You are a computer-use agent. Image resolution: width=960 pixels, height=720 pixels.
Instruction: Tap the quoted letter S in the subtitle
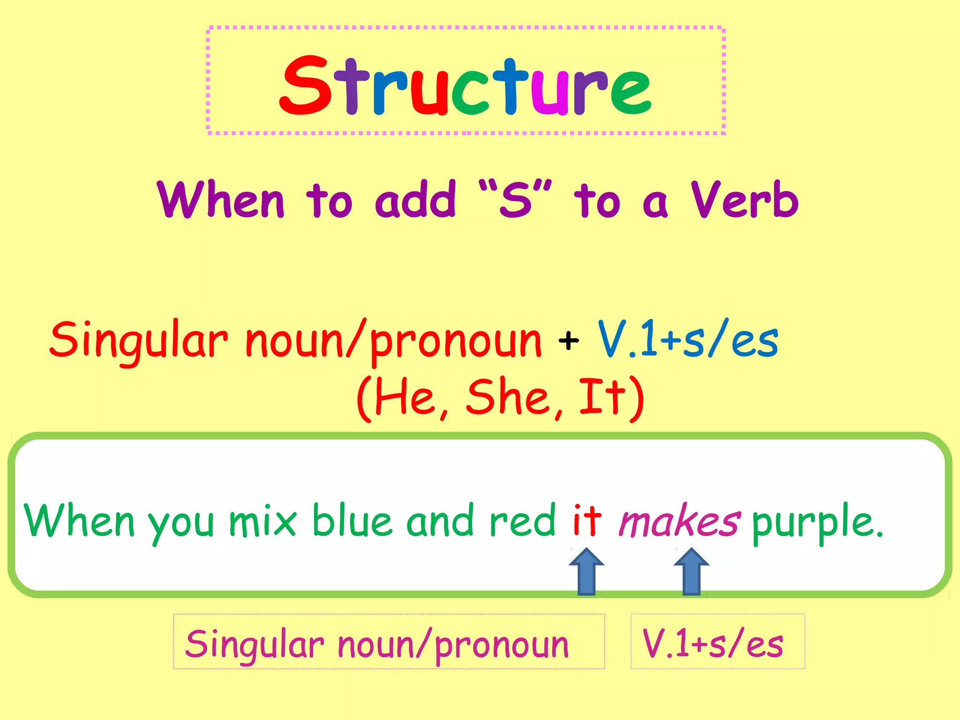[x=516, y=200]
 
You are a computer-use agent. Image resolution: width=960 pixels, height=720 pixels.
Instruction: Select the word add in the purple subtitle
[x=415, y=200]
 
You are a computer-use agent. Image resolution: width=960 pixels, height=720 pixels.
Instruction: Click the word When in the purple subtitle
[x=221, y=200]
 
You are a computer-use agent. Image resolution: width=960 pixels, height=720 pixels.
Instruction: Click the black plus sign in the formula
[x=569, y=341]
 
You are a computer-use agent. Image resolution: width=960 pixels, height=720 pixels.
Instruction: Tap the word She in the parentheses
[x=508, y=397]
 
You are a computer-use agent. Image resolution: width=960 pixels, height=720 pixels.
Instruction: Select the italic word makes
[x=679, y=520]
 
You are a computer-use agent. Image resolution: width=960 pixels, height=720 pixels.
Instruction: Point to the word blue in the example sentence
[x=352, y=520]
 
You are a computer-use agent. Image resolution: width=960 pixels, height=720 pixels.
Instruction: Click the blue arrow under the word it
[x=586, y=572]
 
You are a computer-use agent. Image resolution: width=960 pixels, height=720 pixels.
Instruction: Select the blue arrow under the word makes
[x=691, y=572]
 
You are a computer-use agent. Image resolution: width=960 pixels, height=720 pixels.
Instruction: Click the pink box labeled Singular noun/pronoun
[x=389, y=641]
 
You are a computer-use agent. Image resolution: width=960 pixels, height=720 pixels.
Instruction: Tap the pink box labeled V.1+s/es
[x=718, y=641]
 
